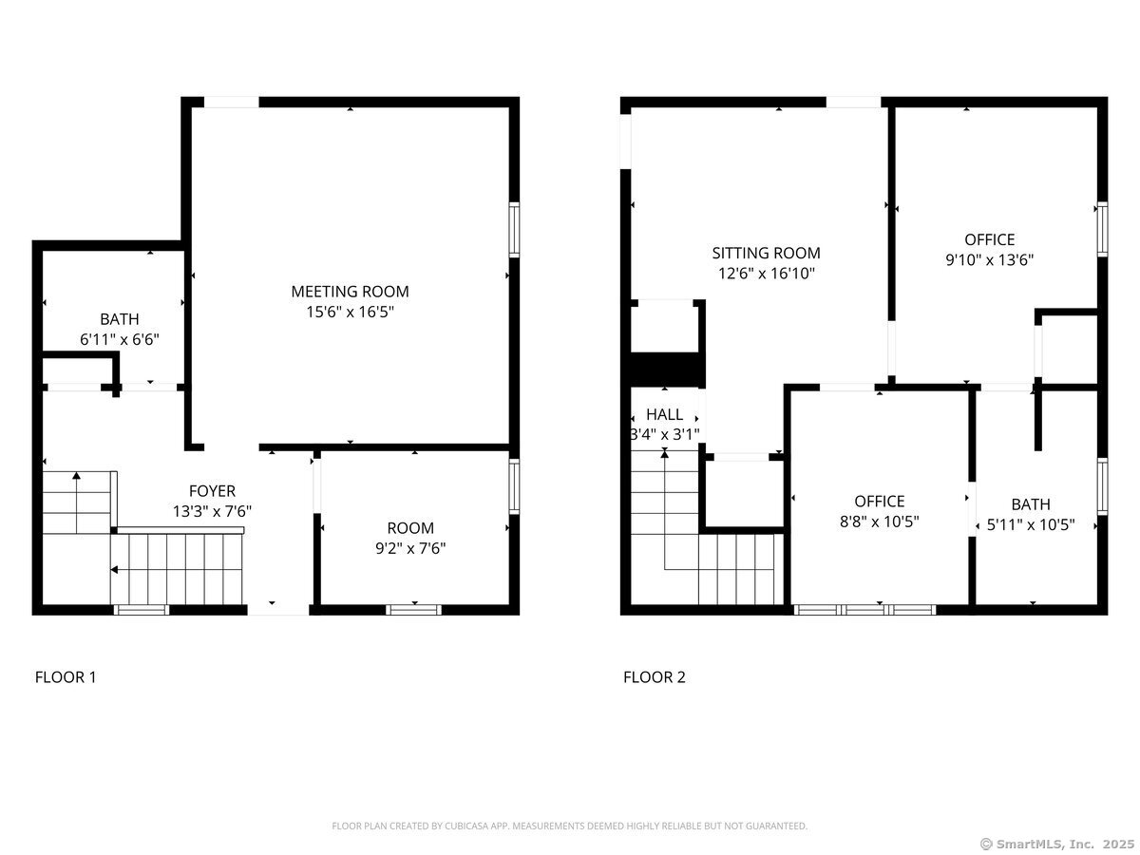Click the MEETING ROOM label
click(350, 292)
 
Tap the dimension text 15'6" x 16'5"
click(350, 311)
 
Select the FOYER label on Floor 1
click(212, 491)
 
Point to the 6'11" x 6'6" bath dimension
click(120, 338)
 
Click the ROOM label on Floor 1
click(410, 528)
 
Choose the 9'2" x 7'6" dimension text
click(410, 547)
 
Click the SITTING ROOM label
click(766, 253)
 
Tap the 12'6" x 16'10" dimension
click(766, 273)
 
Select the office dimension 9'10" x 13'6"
click(989, 259)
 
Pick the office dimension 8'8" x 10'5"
click(879, 521)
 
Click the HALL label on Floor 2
click(664, 415)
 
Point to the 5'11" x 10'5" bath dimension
click(1031, 523)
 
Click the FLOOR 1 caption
click(66, 677)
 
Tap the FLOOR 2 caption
click(654, 677)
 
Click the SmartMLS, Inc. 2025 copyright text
click(1055, 844)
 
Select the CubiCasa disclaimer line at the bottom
click(569, 826)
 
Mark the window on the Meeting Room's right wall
click(514, 229)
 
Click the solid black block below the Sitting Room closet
click(666, 369)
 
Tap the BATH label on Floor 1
click(120, 319)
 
